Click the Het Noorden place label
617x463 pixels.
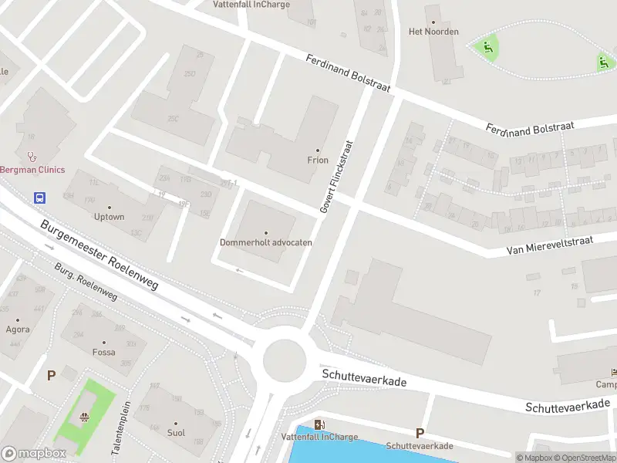point(433,32)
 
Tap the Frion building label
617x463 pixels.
point(317,161)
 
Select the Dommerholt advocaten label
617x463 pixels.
point(266,242)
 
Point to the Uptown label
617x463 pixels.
point(110,217)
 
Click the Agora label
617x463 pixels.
point(18,330)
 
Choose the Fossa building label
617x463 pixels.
point(103,353)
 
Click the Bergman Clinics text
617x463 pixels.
point(32,170)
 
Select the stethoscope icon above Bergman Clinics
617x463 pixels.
point(32,154)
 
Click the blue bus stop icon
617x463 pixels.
point(39,198)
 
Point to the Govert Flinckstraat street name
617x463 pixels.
point(335,177)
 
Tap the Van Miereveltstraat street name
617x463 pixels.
point(549,246)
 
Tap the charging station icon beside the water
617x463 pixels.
point(319,424)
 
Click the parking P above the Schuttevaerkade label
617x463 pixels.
point(420,433)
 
